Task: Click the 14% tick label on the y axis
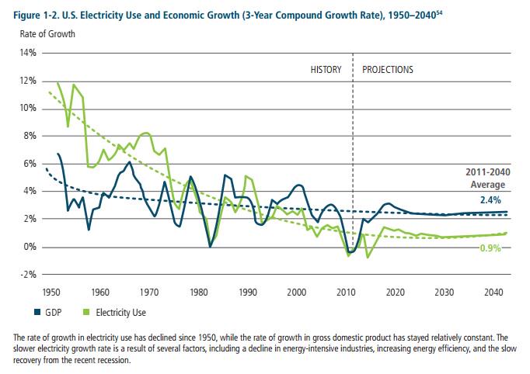[29, 53]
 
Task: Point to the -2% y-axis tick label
[29, 274]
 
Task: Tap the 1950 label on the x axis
[51, 292]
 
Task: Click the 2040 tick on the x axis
[492, 292]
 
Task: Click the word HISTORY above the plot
[326, 69]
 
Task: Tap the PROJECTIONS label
[388, 69]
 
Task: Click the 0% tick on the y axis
[30, 247]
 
